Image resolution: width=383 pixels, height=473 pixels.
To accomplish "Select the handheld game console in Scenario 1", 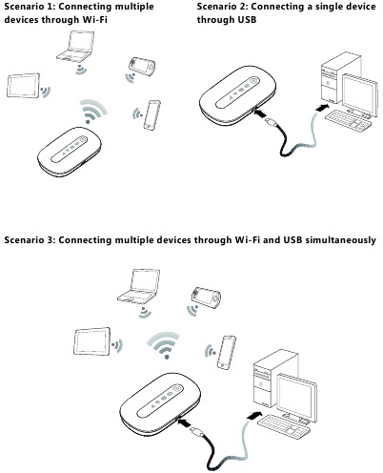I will pyautogui.click(x=140, y=71).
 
